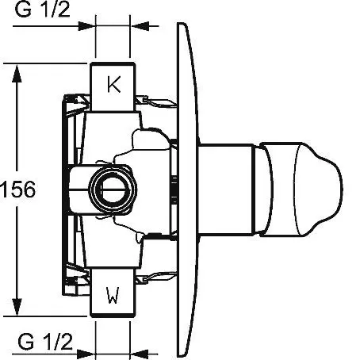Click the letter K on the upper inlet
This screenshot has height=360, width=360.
pyautogui.click(x=114, y=84)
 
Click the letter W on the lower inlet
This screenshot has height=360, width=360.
pyautogui.click(x=113, y=295)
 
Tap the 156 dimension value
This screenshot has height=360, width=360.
pyautogui.click(x=17, y=190)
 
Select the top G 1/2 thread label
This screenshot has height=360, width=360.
pyautogui.click(x=43, y=10)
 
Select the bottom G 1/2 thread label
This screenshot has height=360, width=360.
pyautogui.click(x=45, y=342)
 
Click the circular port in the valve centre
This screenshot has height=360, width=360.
pyautogui.click(x=113, y=190)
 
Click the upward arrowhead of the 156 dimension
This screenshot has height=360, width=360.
pyautogui.click(x=17, y=74)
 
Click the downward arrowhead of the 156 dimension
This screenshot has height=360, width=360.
pyautogui.click(x=17, y=307)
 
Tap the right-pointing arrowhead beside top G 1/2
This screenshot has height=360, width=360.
pyautogui.click(x=86, y=26)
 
